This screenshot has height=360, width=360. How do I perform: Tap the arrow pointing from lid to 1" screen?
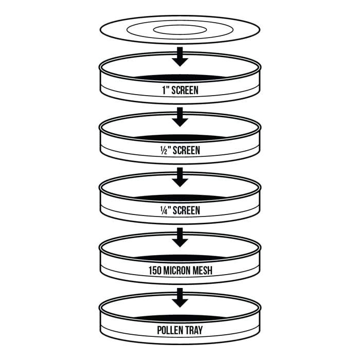180,57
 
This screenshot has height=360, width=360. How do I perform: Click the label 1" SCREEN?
180,90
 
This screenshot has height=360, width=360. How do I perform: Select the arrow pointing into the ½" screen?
180,117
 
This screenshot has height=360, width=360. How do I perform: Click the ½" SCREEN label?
180,150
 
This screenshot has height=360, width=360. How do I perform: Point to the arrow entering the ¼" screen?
180,177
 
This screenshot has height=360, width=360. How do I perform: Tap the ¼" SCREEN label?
180,210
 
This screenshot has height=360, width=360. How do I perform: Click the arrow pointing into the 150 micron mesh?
180,238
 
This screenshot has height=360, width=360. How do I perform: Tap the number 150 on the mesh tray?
155,271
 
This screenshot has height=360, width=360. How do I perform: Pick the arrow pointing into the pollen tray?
180,298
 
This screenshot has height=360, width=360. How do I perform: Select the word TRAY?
194,330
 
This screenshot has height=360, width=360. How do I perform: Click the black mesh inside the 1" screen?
180,78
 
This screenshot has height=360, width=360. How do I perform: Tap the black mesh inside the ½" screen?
180,138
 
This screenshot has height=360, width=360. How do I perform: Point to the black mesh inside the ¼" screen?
180,198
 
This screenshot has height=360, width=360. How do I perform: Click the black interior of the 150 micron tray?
180,258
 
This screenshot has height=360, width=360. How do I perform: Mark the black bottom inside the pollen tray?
180,318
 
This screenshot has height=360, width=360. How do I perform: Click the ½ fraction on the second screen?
164,151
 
